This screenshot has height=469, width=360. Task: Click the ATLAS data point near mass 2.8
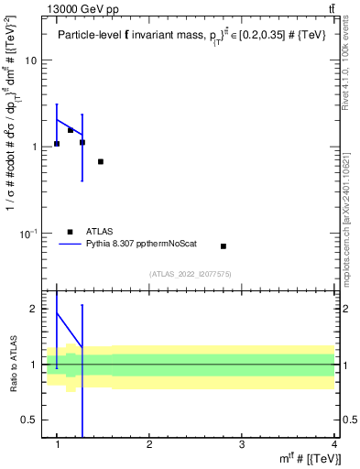(x=224, y=246)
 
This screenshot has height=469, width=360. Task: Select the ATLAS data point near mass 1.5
(x=101, y=161)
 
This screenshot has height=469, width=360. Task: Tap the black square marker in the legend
(x=69, y=232)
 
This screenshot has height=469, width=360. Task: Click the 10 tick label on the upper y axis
(x=28, y=60)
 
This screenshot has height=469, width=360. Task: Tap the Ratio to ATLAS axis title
(x=13, y=365)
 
